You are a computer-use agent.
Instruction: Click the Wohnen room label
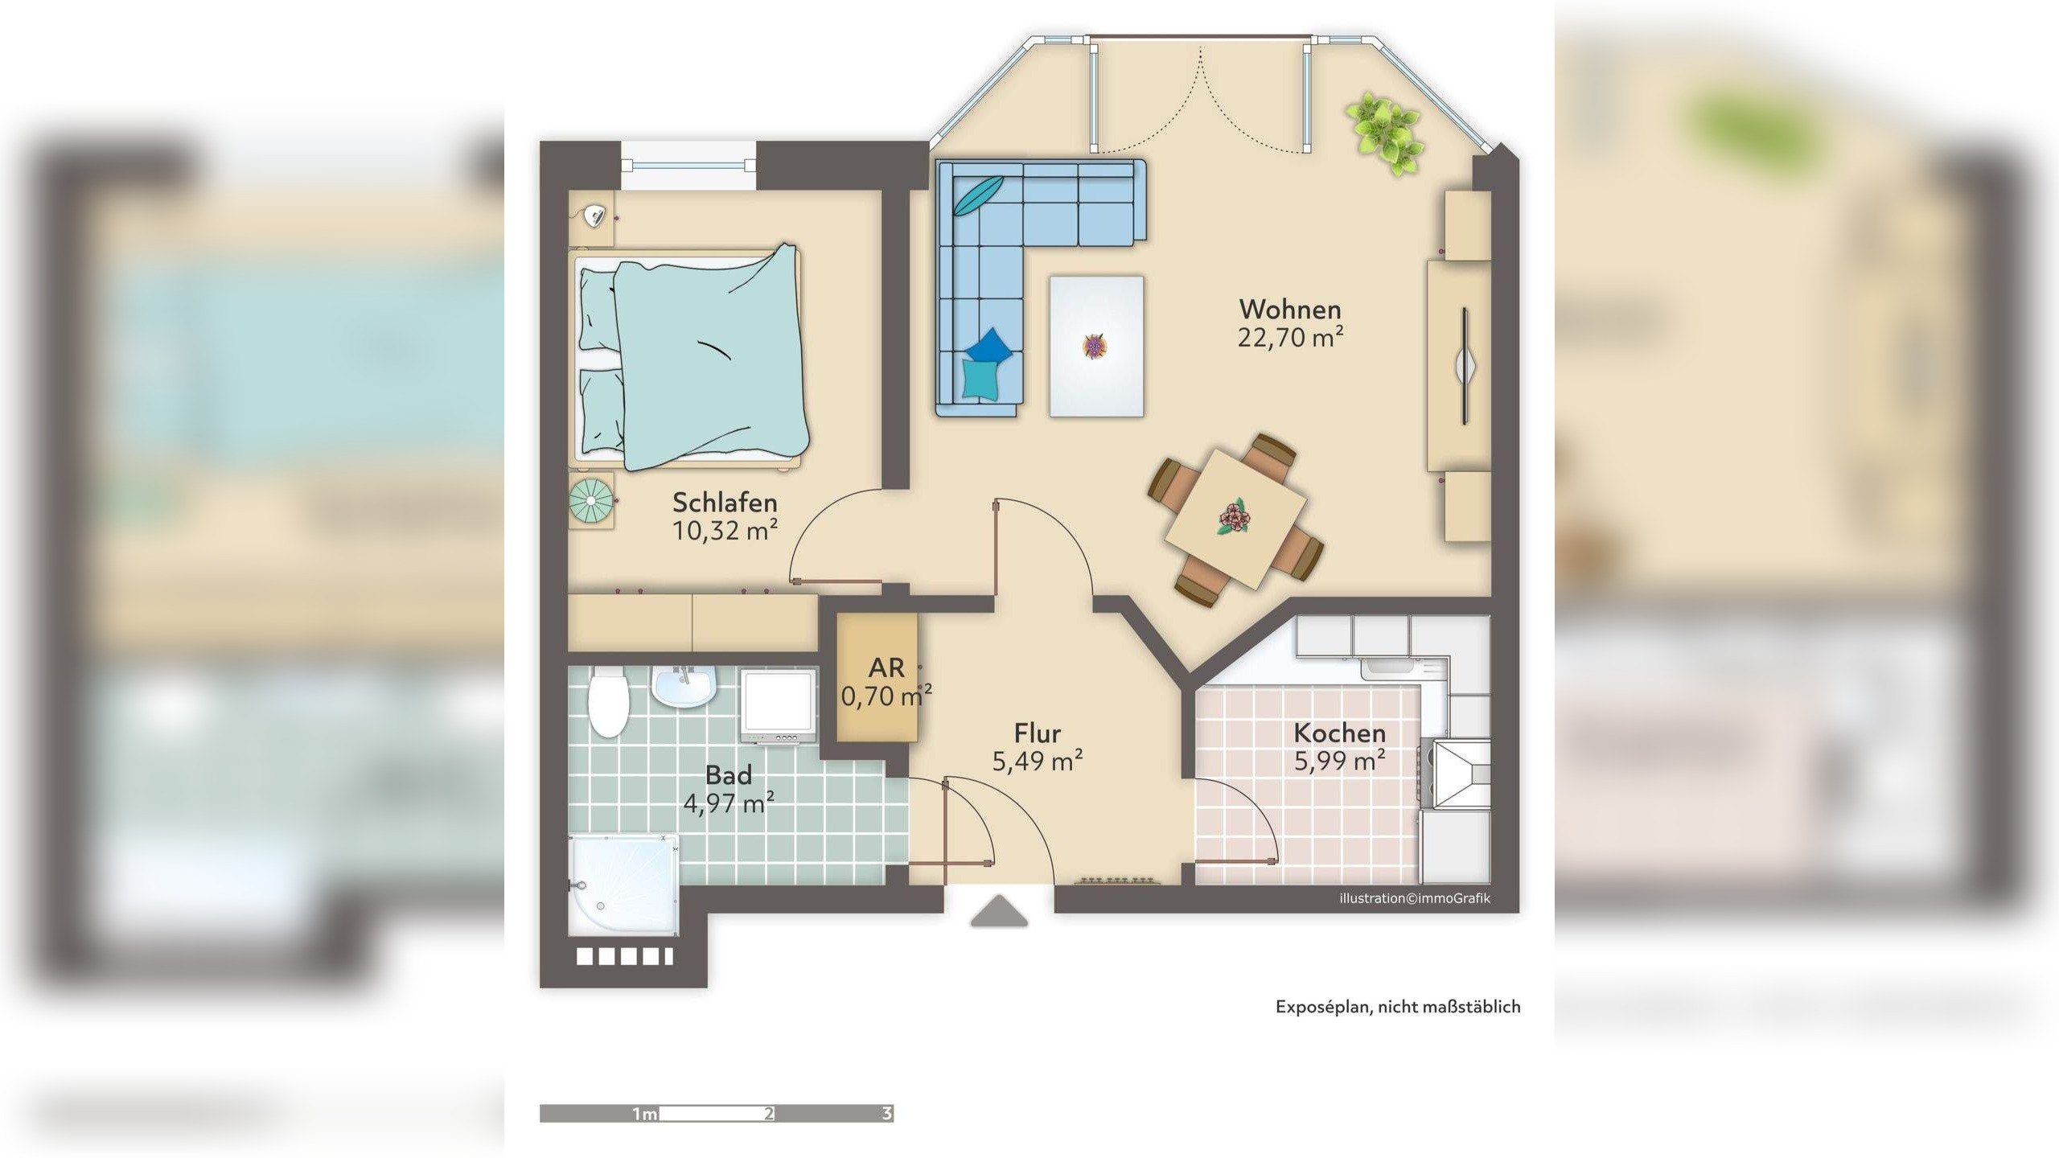[1290, 310]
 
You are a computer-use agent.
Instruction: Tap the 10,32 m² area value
[725, 531]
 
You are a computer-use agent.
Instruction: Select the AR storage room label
[886, 667]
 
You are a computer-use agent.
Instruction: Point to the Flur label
[1037, 733]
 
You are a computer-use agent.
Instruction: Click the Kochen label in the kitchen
[1339, 733]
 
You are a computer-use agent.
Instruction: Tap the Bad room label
[729, 775]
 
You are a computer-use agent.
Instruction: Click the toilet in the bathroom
[608, 701]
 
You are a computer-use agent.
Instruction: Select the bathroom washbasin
[684, 687]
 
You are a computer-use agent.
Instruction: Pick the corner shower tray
[623, 885]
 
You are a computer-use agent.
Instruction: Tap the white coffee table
[1096, 347]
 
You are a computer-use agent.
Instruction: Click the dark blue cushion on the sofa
[989, 346]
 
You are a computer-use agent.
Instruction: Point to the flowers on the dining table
[1232, 517]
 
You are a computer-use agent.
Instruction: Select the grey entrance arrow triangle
[999, 912]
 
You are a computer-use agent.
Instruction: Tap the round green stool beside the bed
[591, 500]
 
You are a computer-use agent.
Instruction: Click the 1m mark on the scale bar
[645, 1114]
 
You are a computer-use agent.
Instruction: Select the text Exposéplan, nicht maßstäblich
[1398, 1007]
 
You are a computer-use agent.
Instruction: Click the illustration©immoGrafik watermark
[1415, 898]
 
